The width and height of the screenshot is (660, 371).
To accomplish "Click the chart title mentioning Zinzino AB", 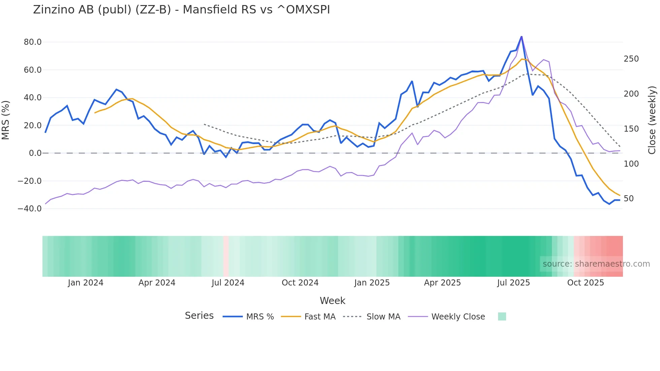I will coord(181,10).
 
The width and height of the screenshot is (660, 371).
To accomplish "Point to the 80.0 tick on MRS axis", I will coord(33,42).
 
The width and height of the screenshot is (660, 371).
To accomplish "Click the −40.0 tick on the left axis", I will coord(30,209).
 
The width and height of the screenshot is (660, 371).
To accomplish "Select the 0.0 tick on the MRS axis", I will coord(35,153).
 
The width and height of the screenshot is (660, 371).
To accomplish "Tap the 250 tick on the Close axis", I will coord(631,59).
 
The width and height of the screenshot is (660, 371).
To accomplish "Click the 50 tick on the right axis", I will coord(628,199).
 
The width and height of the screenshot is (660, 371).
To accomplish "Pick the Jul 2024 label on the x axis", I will coord(228,283).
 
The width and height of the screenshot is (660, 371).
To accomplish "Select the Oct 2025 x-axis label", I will coord(586,283).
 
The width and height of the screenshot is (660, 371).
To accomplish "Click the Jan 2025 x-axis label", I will coord(372,283).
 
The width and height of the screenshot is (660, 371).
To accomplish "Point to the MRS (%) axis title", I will coord(6,120).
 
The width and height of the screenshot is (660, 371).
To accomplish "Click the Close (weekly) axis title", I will coord(652,120).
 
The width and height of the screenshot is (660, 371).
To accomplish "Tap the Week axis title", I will coord(332,301).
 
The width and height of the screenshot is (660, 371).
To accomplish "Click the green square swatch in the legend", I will coord(502,316).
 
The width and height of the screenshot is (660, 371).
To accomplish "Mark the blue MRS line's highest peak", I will coord(522,36).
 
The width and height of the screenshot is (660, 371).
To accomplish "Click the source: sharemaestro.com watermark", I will coord(596,264).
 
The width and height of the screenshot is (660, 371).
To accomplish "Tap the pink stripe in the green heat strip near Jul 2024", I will coord(226,256).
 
